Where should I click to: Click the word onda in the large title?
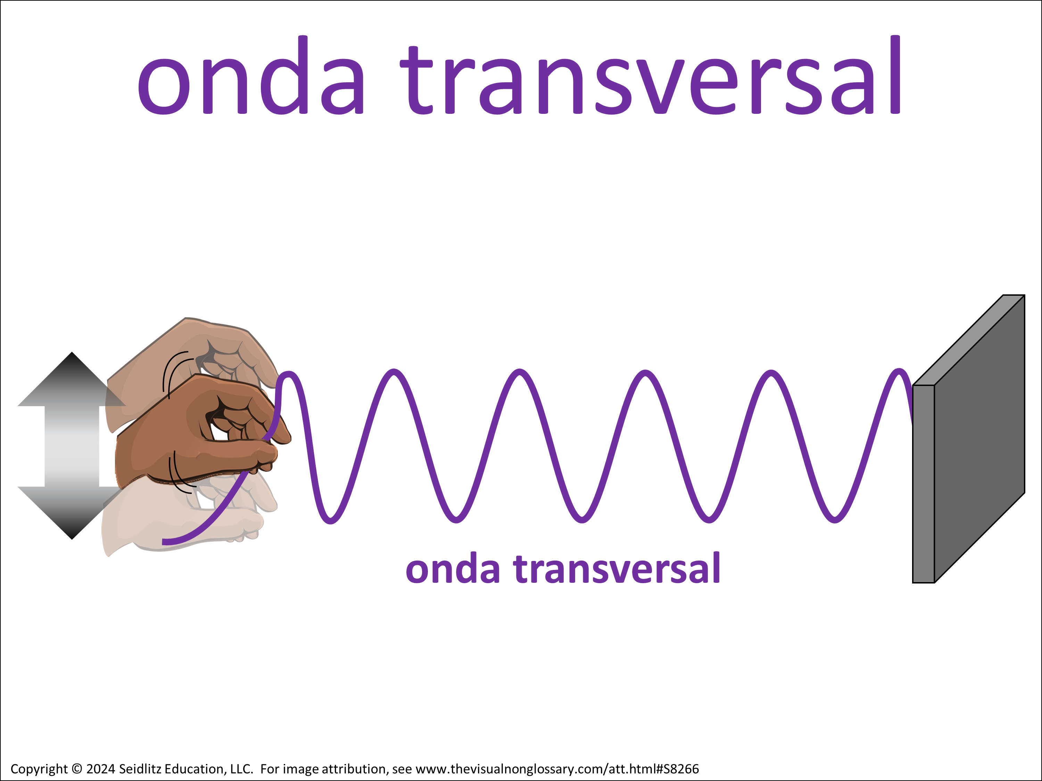click(x=251, y=75)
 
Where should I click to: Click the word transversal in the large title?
click(x=651, y=75)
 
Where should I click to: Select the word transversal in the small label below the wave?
click(x=617, y=569)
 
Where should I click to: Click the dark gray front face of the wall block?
click(x=980, y=438)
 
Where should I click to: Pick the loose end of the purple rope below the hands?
click(x=163, y=542)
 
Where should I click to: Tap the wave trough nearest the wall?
click(x=835, y=520)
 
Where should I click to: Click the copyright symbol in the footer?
click(x=77, y=769)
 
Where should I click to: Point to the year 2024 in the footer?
click(x=101, y=769)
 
